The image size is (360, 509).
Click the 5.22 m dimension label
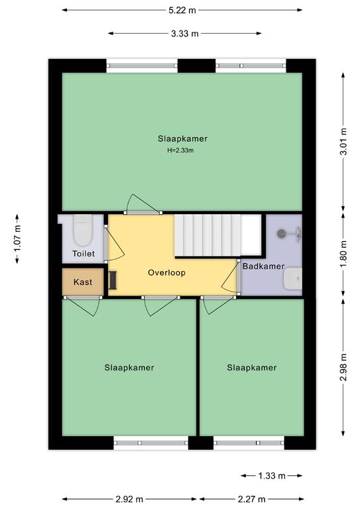pos(182,10)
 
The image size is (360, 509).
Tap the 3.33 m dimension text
pos(185,33)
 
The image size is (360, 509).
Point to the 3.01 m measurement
pos(343,142)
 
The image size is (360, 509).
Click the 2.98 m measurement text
pos(343,367)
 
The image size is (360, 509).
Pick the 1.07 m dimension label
pos(17,239)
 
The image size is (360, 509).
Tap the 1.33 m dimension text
pos(272,476)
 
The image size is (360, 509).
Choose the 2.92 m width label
pos(129,499)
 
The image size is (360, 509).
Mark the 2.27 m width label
pos(251,499)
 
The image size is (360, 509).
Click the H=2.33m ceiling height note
pos(180,150)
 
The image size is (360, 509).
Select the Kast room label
pos(83,282)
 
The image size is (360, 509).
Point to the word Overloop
pos(167,272)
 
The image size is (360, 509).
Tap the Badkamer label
pos(264,266)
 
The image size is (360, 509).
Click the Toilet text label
pos(84,254)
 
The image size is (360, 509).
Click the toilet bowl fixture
pos(83,230)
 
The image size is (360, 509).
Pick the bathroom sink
pos(293,278)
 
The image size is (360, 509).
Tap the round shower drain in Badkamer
pos(281,233)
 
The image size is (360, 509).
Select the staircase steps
pos(218,235)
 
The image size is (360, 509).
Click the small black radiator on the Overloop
pos(113,281)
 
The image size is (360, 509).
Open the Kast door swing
pos(83,306)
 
